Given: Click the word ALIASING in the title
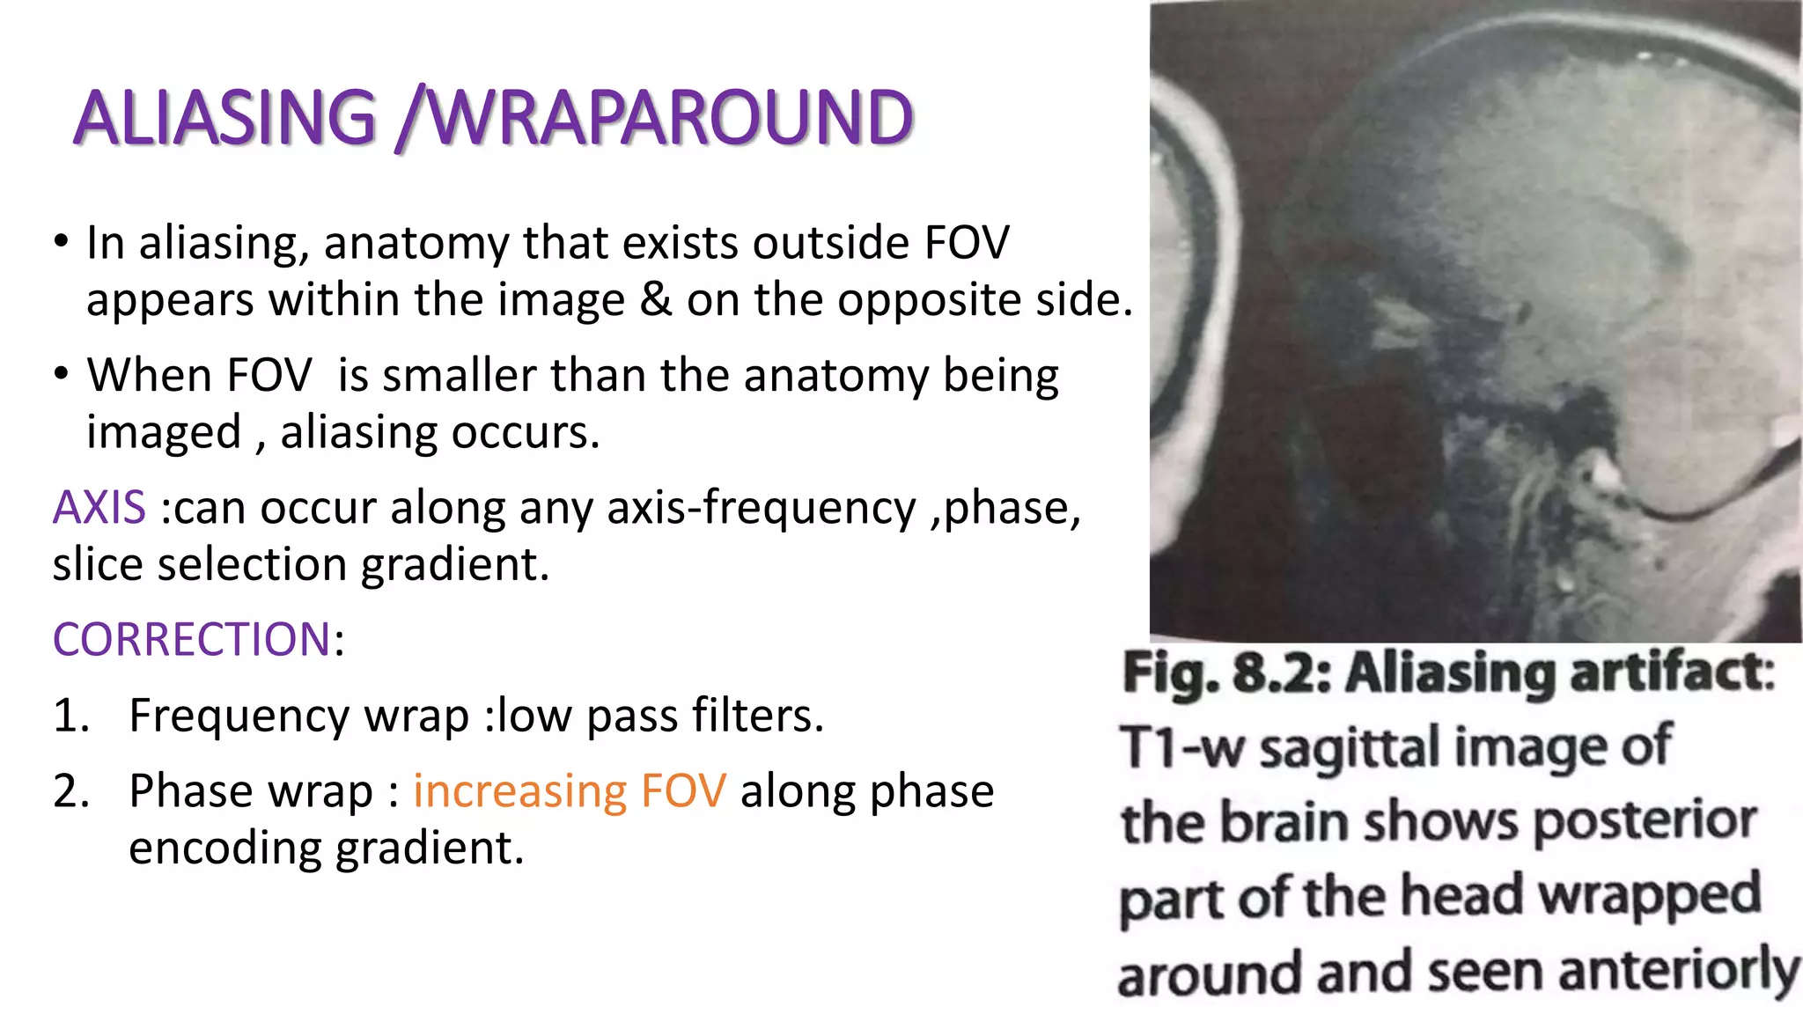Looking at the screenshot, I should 225,118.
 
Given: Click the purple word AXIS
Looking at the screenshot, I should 99,508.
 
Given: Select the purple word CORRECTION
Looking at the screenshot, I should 192,639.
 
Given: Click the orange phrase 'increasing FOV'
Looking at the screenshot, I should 570,790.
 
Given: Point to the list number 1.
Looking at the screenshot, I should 70,715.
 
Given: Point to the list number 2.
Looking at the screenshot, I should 70,790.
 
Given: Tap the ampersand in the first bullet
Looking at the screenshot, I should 655,300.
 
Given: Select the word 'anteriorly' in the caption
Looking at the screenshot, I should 1678,974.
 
